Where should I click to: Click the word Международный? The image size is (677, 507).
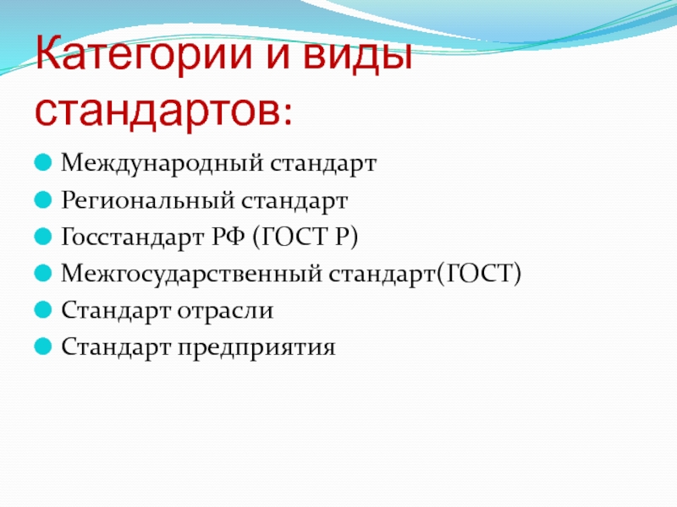(x=162, y=164)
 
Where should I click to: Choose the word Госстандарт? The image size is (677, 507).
(x=133, y=237)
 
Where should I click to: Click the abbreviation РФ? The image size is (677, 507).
(x=228, y=237)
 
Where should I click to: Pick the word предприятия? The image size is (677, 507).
(x=256, y=347)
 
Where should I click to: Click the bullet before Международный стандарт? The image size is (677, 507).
(x=43, y=163)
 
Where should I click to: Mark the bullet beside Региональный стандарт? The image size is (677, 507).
(x=43, y=200)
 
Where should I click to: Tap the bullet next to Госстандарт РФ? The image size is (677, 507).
(x=43, y=237)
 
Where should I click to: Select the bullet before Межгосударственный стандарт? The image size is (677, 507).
(x=43, y=273)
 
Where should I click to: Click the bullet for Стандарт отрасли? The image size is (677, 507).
(x=43, y=310)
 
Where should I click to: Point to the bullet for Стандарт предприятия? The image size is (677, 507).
(x=43, y=346)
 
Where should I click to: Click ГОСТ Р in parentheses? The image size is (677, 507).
(x=305, y=237)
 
